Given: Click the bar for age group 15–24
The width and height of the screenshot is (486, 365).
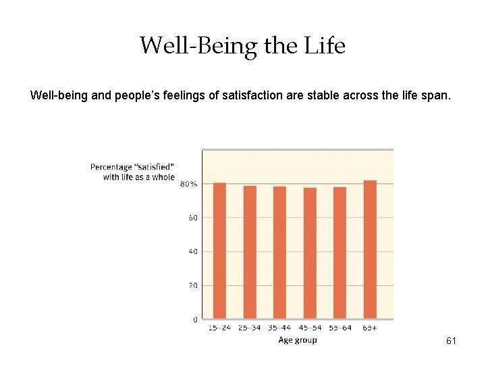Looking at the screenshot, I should pyautogui.click(x=219, y=251).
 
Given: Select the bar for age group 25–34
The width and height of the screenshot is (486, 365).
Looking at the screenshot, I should pyautogui.click(x=250, y=252).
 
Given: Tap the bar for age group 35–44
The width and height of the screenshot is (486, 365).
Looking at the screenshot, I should pyautogui.click(x=279, y=252).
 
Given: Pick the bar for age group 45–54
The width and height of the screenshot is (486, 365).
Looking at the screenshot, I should pyautogui.click(x=310, y=253).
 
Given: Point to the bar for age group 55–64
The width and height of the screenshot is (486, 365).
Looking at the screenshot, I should pyautogui.click(x=340, y=253).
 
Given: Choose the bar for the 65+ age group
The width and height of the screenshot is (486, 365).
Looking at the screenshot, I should pyautogui.click(x=370, y=249).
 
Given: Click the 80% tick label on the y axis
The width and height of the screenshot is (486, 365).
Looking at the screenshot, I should pyautogui.click(x=189, y=184).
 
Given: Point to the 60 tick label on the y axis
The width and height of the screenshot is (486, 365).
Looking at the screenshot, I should pyautogui.click(x=193, y=218).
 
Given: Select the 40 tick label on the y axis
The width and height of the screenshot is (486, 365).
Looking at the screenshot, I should pyautogui.click(x=193, y=251).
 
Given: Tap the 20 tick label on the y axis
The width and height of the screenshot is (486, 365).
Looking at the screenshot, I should pyautogui.click(x=193, y=285).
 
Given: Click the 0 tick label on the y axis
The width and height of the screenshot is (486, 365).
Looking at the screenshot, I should pyautogui.click(x=195, y=319).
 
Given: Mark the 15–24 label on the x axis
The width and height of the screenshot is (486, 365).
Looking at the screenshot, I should pyautogui.click(x=219, y=328).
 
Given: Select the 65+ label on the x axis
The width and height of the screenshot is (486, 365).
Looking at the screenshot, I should pyautogui.click(x=370, y=328).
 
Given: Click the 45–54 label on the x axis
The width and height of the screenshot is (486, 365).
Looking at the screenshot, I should pyautogui.click(x=310, y=328).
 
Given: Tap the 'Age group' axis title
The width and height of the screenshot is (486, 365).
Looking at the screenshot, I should pyautogui.click(x=297, y=340).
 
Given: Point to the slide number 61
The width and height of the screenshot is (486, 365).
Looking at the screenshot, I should pyautogui.click(x=451, y=341).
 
